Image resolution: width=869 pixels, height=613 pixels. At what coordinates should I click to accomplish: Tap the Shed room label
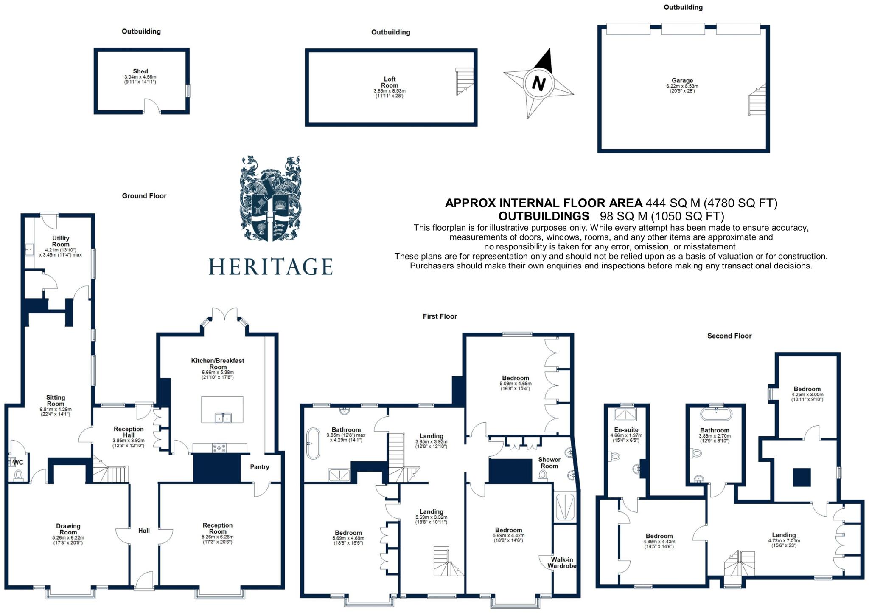coord(140,71)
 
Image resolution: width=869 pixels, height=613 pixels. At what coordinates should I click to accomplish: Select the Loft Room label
coord(390,82)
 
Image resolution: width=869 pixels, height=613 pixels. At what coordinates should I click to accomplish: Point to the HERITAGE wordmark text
coord(270,267)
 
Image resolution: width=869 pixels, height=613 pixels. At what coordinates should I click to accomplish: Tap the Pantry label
coord(259,467)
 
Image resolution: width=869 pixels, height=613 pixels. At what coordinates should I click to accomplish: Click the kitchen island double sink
coord(222,418)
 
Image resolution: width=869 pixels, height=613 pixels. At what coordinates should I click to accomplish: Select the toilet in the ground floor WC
coord(19,475)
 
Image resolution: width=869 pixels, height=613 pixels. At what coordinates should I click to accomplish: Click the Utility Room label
coord(61,241)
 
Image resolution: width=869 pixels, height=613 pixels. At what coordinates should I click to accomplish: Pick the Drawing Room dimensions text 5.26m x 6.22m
coord(68,538)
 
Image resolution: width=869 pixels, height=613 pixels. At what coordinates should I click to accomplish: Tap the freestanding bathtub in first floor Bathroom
coord(313,443)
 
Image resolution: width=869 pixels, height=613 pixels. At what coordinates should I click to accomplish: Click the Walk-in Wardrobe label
coord(562,562)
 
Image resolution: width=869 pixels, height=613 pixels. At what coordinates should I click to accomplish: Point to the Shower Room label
coord(549,463)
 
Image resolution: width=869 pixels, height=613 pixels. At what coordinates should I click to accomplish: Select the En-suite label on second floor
coord(626,429)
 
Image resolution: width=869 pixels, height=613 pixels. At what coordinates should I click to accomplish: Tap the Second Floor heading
coord(729,336)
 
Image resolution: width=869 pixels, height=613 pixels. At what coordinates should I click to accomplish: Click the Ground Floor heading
coord(144,196)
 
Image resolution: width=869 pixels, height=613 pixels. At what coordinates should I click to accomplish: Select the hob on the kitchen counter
coord(219,447)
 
